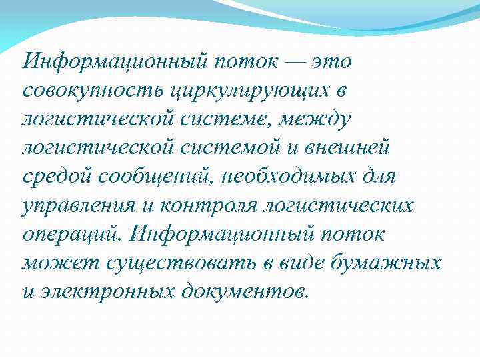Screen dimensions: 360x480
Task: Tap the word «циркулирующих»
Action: (223, 91)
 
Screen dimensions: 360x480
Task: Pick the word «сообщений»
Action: (151, 177)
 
